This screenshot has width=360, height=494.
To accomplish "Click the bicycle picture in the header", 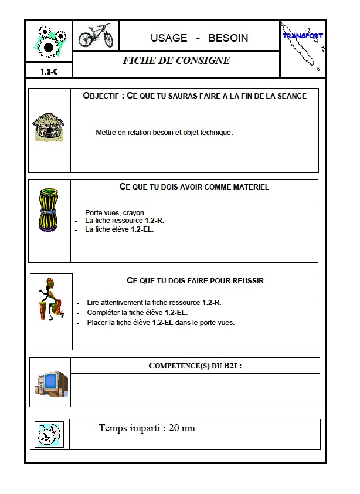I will point(96,35).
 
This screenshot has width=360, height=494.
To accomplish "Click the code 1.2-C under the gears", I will point(48,71).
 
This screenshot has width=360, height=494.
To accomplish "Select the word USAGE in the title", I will point(169,38).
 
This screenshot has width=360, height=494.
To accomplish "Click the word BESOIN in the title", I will point(228,38).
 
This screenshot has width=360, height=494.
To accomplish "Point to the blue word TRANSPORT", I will point(303,36).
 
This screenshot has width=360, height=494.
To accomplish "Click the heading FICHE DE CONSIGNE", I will point(176,60).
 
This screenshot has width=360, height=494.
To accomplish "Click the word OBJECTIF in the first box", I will point(102,96).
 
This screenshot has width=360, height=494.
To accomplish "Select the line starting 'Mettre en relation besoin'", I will point(164,133).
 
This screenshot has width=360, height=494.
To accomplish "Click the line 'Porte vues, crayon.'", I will point(115,212).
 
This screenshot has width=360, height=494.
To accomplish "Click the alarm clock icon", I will point(49,434).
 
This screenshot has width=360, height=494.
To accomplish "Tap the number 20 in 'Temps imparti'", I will point(174,428).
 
